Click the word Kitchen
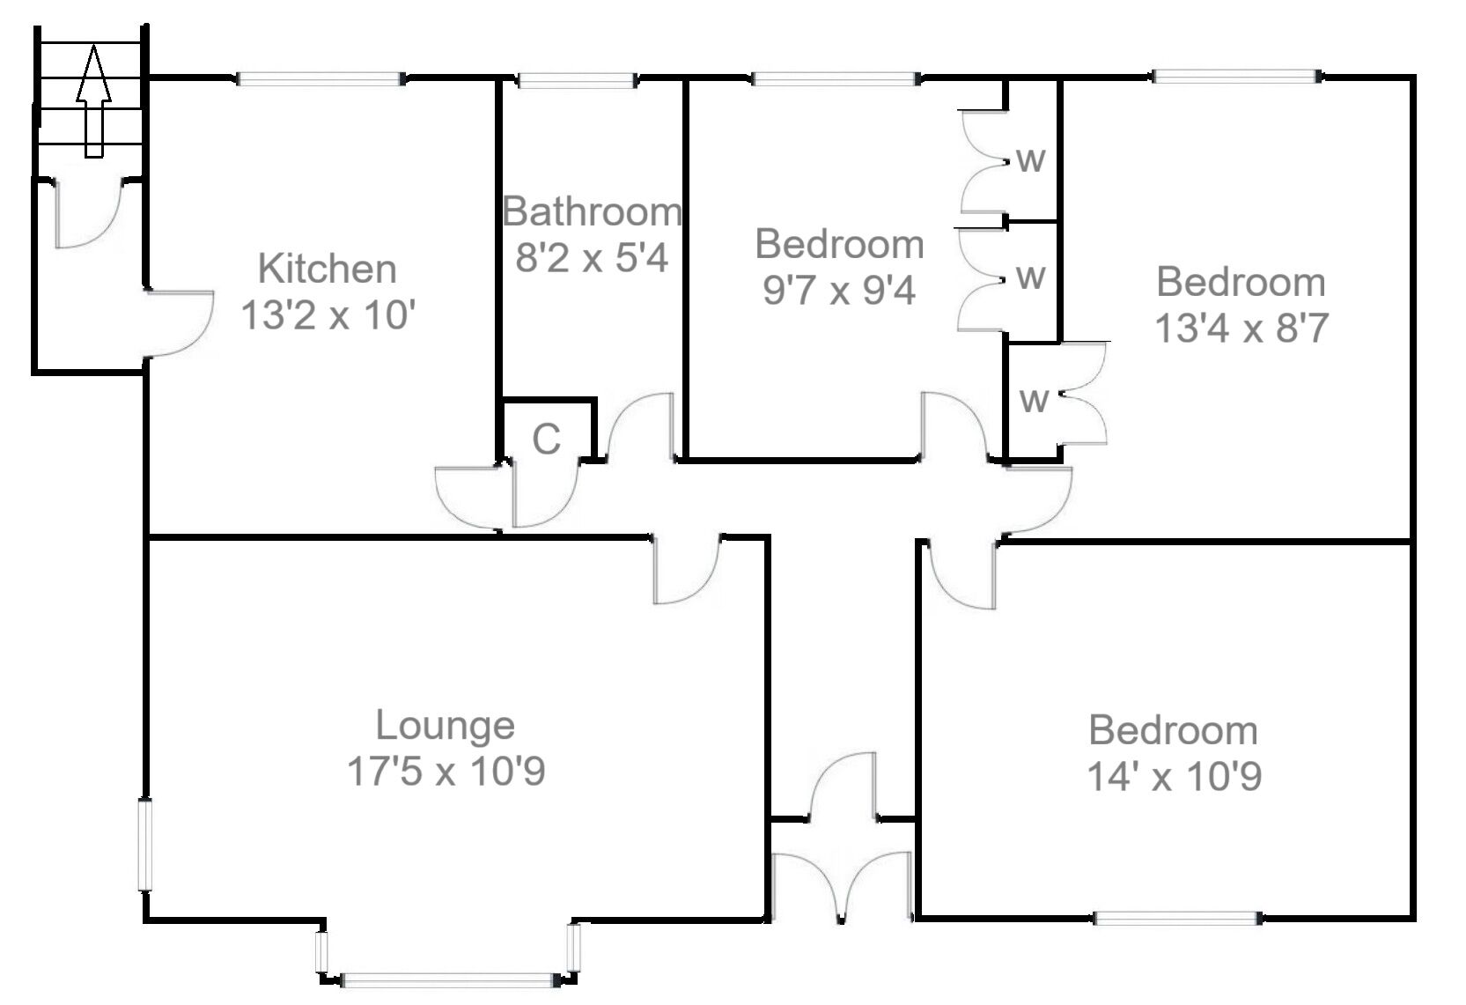(327, 269)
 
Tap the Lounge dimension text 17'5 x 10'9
(446, 772)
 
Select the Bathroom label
(592, 212)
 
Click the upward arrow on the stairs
(92, 101)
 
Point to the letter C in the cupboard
(546, 439)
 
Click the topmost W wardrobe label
(1030, 161)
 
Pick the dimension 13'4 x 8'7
(1240, 329)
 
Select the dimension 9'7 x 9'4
(838, 290)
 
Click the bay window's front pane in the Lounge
(446, 979)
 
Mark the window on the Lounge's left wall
(145, 844)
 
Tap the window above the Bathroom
(576, 81)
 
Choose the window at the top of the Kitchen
(321, 79)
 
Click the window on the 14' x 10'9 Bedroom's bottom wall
(1177, 919)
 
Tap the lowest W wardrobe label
(1033, 401)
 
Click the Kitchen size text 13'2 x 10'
(327, 315)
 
